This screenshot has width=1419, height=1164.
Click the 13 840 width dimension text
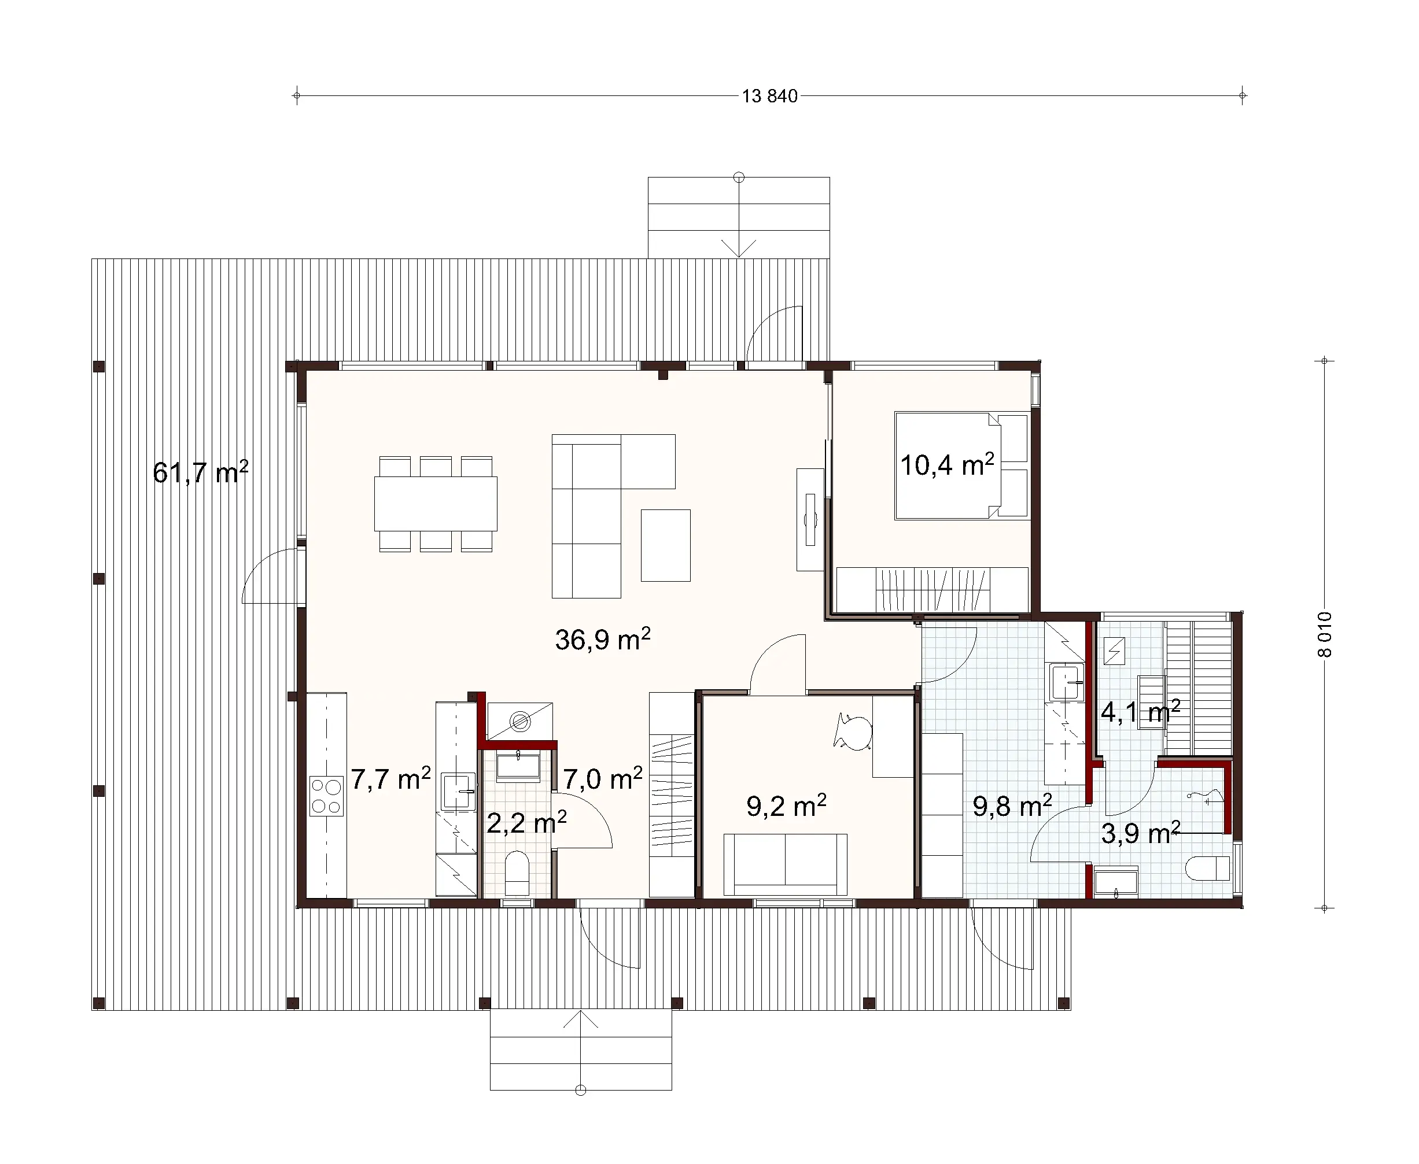click(x=769, y=97)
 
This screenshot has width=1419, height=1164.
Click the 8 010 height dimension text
click(x=1325, y=634)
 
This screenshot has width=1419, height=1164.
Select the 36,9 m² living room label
click(x=602, y=640)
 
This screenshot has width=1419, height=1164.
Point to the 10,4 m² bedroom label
click(x=946, y=465)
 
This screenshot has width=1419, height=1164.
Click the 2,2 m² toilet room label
click(x=526, y=823)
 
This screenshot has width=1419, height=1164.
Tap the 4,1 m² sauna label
click(x=1140, y=712)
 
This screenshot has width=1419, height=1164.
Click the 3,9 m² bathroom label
click(x=1140, y=833)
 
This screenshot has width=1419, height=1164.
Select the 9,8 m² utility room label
click(x=1011, y=806)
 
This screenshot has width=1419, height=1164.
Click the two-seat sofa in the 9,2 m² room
click(x=785, y=864)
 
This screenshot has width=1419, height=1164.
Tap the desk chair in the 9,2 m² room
click(x=853, y=730)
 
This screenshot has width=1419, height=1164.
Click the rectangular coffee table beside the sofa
click(x=665, y=545)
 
